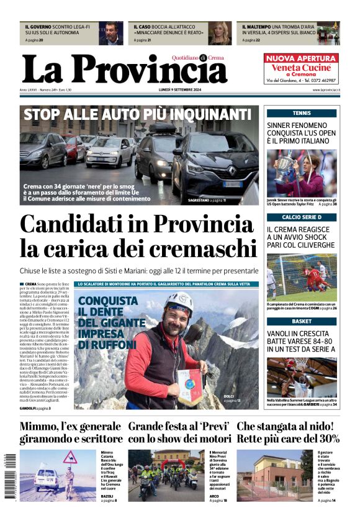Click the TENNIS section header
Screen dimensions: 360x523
coord(302,113)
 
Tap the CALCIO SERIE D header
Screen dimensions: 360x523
coord(302,217)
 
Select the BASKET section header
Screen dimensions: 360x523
coord(302,321)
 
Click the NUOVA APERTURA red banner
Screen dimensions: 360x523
coord(301,58)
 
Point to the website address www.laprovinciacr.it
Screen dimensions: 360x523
coord(325,90)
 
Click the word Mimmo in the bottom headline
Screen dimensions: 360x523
coord(42,427)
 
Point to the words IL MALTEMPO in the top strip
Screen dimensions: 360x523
coord(259,27)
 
